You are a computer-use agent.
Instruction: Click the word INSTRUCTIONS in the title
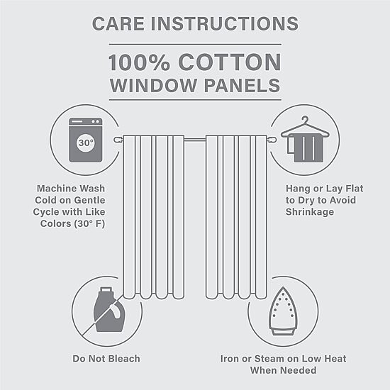(225, 24)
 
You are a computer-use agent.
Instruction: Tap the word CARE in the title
(118, 24)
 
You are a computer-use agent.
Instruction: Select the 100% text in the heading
(139, 62)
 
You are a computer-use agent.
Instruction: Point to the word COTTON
(230, 62)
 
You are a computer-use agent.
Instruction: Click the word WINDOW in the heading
(153, 85)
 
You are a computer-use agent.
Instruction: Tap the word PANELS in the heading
(243, 85)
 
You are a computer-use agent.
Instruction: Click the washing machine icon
(86, 140)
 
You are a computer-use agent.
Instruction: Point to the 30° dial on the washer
(86, 143)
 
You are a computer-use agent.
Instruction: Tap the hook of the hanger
(305, 119)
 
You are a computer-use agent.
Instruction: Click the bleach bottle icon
(109, 309)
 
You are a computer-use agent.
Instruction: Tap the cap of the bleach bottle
(106, 289)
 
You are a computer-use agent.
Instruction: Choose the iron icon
(283, 311)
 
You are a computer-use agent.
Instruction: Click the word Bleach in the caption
(124, 359)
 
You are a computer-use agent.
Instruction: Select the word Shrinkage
(310, 212)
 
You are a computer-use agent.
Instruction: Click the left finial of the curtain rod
(118, 140)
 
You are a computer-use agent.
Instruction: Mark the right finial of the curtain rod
(272, 140)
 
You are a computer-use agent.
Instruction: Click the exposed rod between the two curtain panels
(195, 140)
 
